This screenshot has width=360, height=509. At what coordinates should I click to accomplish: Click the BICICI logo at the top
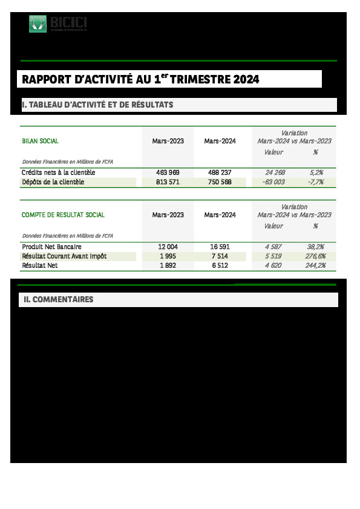tap(58, 24)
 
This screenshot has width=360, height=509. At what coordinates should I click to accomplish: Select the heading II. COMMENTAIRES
tap(58, 300)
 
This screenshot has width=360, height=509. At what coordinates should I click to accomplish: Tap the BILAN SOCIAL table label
tap(40, 141)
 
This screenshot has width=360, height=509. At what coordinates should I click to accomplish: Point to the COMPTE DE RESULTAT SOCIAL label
tap(63, 215)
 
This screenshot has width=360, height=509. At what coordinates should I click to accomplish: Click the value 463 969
tap(168, 173)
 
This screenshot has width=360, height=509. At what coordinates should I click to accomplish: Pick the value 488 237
tap(220, 173)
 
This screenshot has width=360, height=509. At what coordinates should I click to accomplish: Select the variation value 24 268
tap(275, 173)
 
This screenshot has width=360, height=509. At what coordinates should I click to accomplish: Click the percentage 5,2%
tap(316, 173)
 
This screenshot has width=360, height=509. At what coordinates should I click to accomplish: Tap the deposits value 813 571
tap(168, 182)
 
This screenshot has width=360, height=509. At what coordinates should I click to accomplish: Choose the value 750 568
tap(220, 182)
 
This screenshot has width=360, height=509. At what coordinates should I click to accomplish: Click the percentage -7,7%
tap(316, 182)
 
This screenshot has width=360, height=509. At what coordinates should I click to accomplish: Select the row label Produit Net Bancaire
tap(51, 247)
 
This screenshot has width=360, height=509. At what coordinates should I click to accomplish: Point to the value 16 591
tap(220, 247)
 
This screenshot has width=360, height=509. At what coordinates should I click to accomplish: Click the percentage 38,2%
tap(316, 247)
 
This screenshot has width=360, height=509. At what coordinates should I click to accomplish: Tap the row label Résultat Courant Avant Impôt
tap(64, 256)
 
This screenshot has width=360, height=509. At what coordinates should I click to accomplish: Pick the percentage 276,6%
tap(315, 256)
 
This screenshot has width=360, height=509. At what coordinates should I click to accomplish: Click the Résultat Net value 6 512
tap(220, 265)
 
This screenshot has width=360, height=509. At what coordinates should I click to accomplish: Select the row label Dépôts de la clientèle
tap(53, 182)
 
